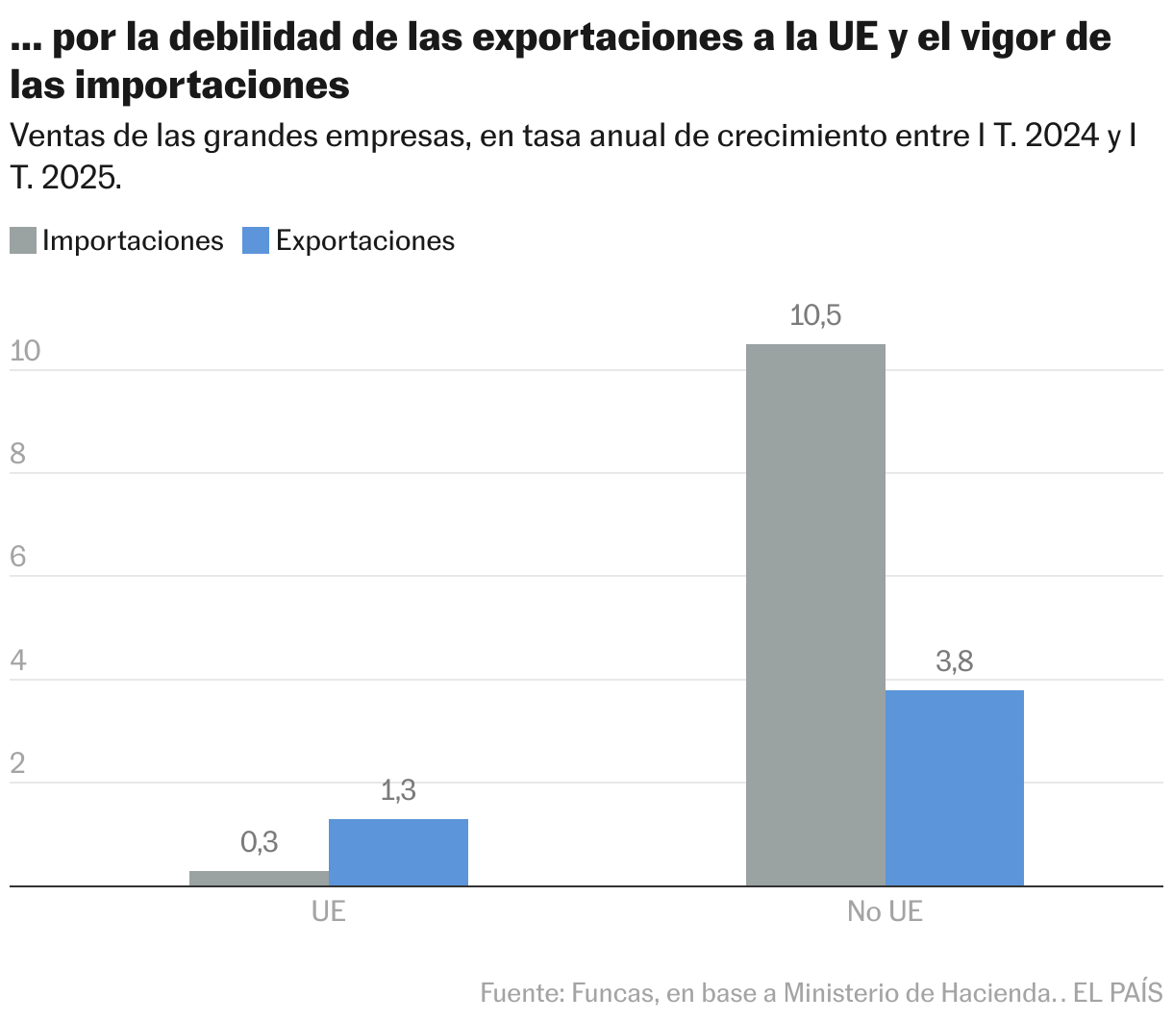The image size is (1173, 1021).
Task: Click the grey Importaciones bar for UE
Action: click(259, 878)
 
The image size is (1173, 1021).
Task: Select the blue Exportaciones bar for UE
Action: click(398, 852)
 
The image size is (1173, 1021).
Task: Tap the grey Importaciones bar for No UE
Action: click(815, 615)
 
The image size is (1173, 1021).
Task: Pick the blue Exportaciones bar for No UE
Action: click(954, 787)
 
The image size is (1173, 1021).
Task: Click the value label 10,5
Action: click(815, 315)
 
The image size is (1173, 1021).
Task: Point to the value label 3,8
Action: click(954, 661)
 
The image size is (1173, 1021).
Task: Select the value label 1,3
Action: click(398, 790)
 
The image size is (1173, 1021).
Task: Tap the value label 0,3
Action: click(259, 842)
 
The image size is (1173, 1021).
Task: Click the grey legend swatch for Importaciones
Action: click(23, 240)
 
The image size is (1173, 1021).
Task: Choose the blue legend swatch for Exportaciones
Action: click(255, 240)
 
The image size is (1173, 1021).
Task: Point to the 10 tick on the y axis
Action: click(25, 351)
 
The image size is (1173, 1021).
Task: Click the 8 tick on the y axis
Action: click(17, 454)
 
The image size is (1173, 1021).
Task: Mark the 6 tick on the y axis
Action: click(17, 558)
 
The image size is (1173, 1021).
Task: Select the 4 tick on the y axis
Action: click(17, 660)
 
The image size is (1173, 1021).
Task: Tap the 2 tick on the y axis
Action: click(17, 763)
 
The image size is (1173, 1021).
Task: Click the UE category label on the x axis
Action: click(328, 911)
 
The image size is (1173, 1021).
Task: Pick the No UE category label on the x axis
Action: click(885, 911)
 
